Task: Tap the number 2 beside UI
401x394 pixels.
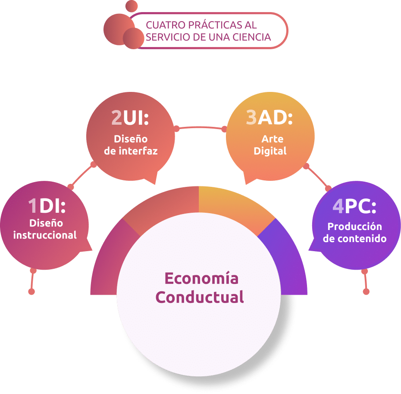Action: pyautogui.click(x=117, y=117)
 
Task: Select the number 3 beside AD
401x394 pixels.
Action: pyautogui.click(x=251, y=117)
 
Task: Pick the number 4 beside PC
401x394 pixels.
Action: pyautogui.click(x=338, y=207)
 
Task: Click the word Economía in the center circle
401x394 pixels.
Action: pyautogui.click(x=201, y=278)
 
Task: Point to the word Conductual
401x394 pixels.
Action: pyautogui.click(x=200, y=297)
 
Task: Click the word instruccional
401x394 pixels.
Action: pyautogui.click(x=45, y=235)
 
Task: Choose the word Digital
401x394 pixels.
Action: pyautogui.click(x=270, y=151)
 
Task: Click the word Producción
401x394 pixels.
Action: pyautogui.click(x=354, y=227)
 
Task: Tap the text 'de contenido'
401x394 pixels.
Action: pyautogui.click(x=354, y=239)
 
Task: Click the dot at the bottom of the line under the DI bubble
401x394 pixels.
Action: pyautogui.click(x=31, y=292)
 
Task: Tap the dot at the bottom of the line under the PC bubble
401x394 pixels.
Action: pyautogui.click(x=366, y=292)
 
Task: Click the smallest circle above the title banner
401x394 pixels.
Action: pyautogui.click(x=132, y=6)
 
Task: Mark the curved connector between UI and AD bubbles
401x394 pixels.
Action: pyautogui.click(x=200, y=127)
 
